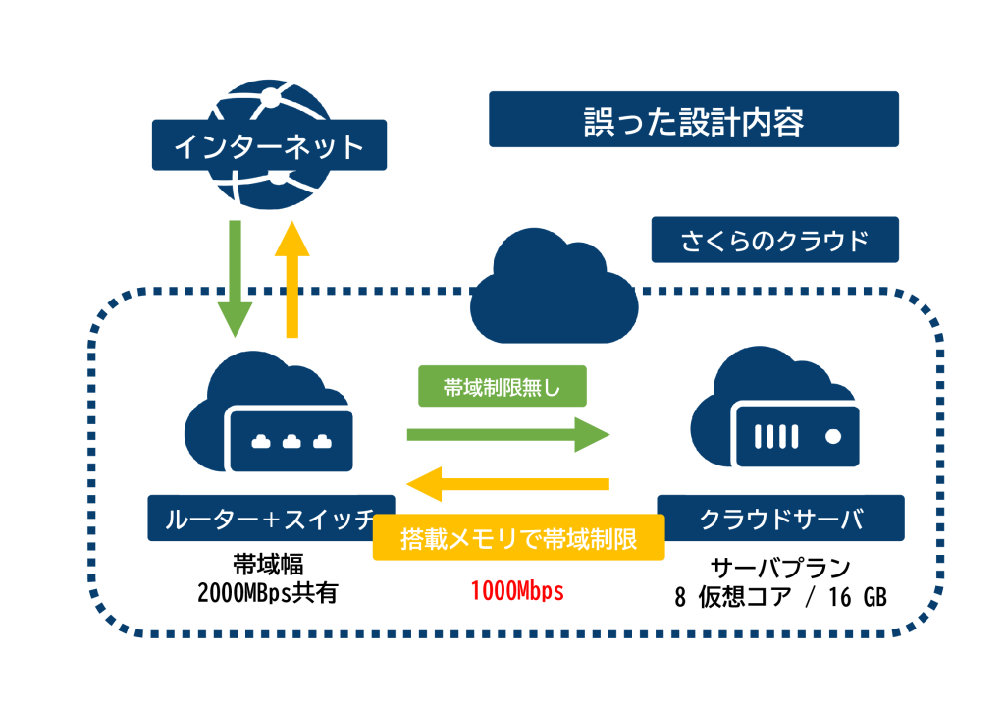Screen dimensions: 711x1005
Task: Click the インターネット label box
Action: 268,145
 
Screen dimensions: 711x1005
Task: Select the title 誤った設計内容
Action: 693,120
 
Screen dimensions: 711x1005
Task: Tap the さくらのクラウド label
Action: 774,240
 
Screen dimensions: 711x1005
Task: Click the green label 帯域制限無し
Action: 502,386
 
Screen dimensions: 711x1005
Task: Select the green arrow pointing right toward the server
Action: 507,434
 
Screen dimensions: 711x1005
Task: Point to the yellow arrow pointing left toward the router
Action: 508,482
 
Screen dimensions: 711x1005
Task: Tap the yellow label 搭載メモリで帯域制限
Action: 519,538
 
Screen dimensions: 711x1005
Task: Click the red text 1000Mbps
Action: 517,591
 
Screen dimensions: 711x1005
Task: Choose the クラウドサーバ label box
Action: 780,518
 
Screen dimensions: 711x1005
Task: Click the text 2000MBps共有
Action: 267,592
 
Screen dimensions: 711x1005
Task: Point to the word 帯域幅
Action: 267,566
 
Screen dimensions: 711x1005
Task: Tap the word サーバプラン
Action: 780,569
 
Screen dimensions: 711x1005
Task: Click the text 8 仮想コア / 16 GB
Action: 780,596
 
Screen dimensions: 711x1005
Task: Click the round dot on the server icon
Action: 833,433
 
